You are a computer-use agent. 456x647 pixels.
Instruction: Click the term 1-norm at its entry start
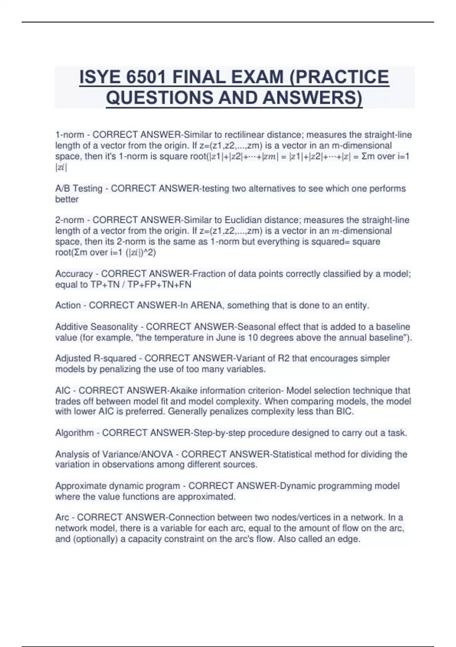tap(70, 135)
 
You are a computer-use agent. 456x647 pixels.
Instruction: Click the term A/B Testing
tap(79, 188)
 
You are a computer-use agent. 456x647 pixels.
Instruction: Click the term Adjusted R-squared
tap(95, 358)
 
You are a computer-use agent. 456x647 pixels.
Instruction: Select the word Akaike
tap(184, 390)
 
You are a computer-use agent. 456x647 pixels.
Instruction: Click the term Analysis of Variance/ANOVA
tap(114, 454)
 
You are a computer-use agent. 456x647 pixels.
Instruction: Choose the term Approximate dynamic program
tap(117, 486)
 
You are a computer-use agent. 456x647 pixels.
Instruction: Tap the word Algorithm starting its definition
tap(74, 433)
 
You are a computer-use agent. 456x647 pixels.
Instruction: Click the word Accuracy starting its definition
tap(74, 274)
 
